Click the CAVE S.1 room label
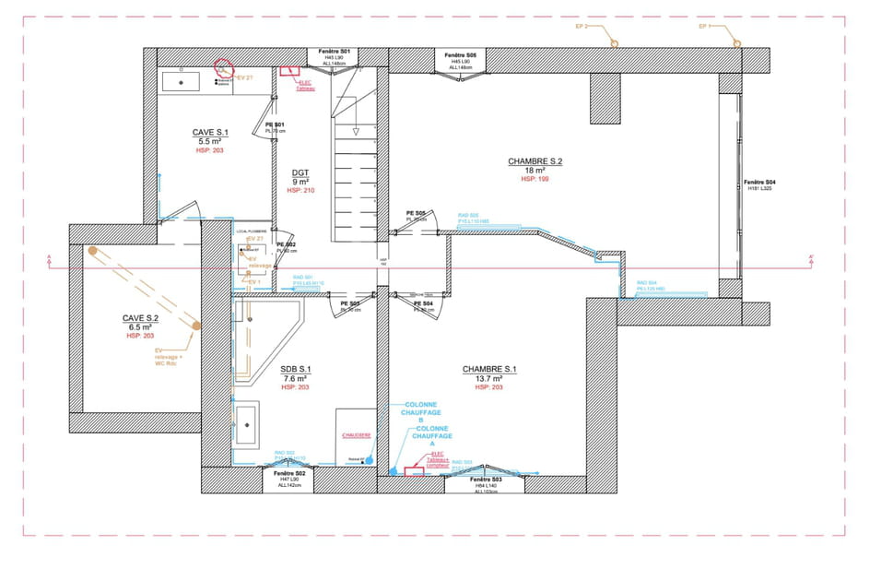(x=210, y=133)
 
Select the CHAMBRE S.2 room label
(x=535, y=161)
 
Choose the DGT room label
(x=300, y=172)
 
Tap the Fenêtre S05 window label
(x=459, y=55)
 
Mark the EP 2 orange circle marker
(x=609, y=42)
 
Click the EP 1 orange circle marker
(x=735, y=42)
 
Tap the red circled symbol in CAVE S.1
(x=222, y=67)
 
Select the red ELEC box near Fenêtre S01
(x=291, y=70)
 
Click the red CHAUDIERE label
(x=355, y=434)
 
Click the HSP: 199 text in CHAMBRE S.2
(x=535, y=180)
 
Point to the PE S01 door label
(x=275, y=125)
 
